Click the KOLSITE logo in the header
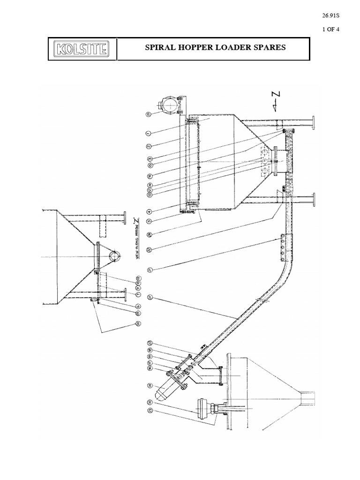coord(82,49)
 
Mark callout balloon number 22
coord(149,250)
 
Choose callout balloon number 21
coord(149,269)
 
